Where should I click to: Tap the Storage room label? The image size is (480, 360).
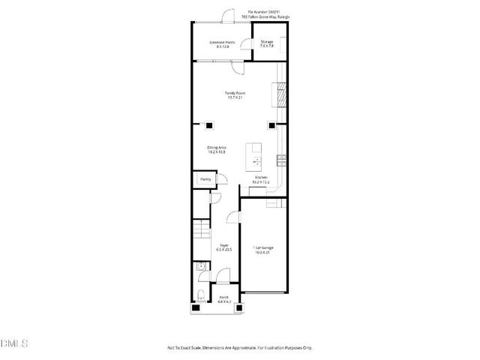[x=266, y=43]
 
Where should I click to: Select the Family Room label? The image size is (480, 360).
[x=235, y=94]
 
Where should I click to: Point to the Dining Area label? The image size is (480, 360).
[x=217, y=149]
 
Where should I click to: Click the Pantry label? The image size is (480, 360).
[x=205, y=180]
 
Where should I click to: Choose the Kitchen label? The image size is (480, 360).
[x=260, y=180]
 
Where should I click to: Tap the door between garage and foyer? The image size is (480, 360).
[x=232, y=217]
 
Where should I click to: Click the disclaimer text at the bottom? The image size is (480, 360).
[x=239, y=347]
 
